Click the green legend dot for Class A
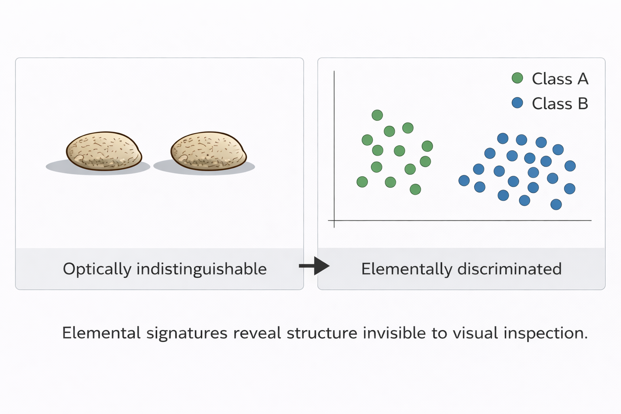(x=517, y=78)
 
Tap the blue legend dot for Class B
(x=517, y=103)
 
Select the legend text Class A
(x=560, y=79)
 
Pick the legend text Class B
(x=560, y=104)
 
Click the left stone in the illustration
(x=104, y=150)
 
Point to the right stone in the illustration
(x=208, y=150)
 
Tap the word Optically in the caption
(x=97, y=269)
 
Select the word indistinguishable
(x=201, y=269)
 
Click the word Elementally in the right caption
(x=406, y=269)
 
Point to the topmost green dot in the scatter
(x=377, y=115)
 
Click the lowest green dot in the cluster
(x=415, y=189)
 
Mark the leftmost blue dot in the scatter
(x=464, y=180)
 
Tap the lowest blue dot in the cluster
(x=556, y=205)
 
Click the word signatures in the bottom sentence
(x=187, y=334)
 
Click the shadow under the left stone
(x=57, y=167)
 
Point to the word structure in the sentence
(x=322, y=334)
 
